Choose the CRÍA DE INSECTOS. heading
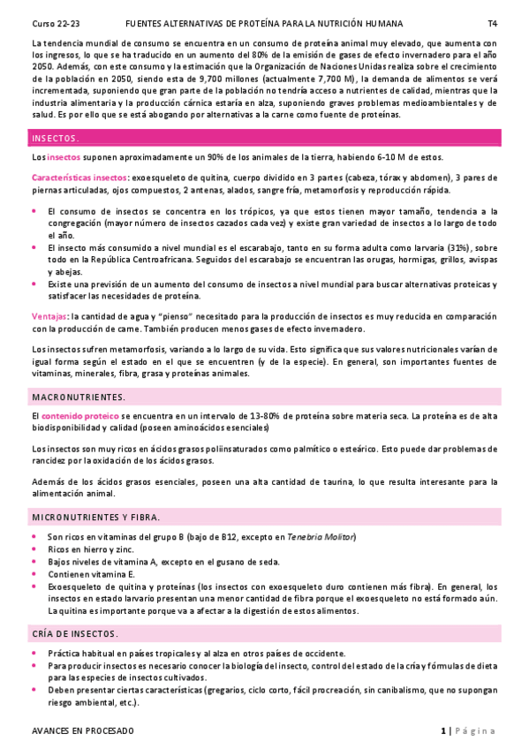pos(75,634)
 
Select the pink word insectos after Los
pos(63,157)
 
